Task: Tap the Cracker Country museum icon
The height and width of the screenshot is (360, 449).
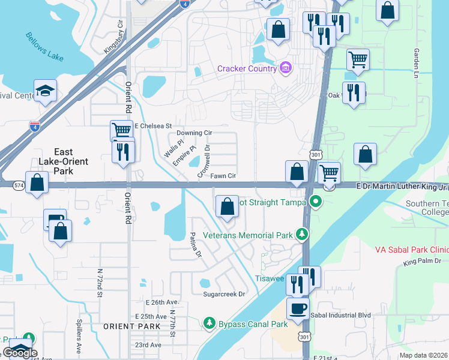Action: [x=285, y=68]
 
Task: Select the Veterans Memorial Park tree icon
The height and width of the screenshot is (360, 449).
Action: [x=304, y=235]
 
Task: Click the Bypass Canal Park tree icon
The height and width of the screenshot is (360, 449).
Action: [x=209, y=324]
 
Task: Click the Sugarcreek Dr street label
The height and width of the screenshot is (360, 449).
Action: [x=224, y=294]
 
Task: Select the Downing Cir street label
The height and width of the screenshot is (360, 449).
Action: [x=195, y=133]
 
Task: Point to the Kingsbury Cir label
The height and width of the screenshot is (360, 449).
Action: [x=113, y=38]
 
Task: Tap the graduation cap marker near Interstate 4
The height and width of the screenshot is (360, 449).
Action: [x=45, y=91]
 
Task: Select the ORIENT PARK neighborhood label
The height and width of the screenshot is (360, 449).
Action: [x=131, y=326]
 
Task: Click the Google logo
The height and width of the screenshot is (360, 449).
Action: [x=20, y=353]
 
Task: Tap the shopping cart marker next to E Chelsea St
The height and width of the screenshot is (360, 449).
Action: [x=121, y=130]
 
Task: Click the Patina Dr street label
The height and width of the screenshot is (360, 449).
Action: [x=195, y=245]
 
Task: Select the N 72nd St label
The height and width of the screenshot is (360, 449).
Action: [x=99, y=280]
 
